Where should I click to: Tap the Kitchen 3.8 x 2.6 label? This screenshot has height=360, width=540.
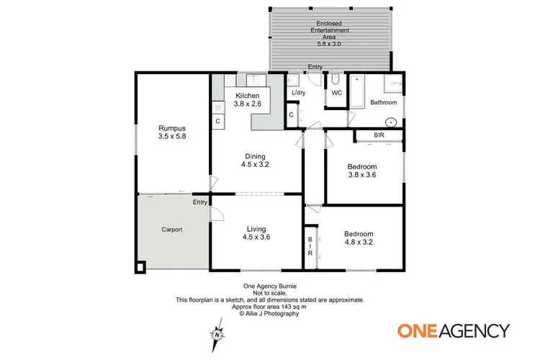[x=247, y=99]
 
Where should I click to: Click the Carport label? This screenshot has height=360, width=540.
[x=171, y=230]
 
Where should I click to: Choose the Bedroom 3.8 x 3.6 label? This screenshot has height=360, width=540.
[x=363, y=170]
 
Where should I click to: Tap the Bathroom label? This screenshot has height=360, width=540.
[x=383, y=103]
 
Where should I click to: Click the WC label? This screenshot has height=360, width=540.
[x=337, y=93]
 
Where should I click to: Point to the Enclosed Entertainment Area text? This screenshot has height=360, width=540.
[x=330, y=31]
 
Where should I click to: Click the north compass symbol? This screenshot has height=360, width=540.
[x=216, y=334]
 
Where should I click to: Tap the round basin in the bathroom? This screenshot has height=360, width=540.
[x=391, y=122]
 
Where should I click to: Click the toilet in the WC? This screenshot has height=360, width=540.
[x=337, y=78]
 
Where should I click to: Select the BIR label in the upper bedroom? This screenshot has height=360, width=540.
[x=379, y=135]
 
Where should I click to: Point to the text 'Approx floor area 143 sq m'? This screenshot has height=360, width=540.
[x=270, y=307]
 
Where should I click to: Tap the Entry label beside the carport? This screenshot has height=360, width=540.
[x=200, y=202]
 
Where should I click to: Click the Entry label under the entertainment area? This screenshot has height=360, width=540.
[x=315, y=67]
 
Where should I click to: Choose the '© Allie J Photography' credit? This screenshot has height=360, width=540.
[x=270, y=313]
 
